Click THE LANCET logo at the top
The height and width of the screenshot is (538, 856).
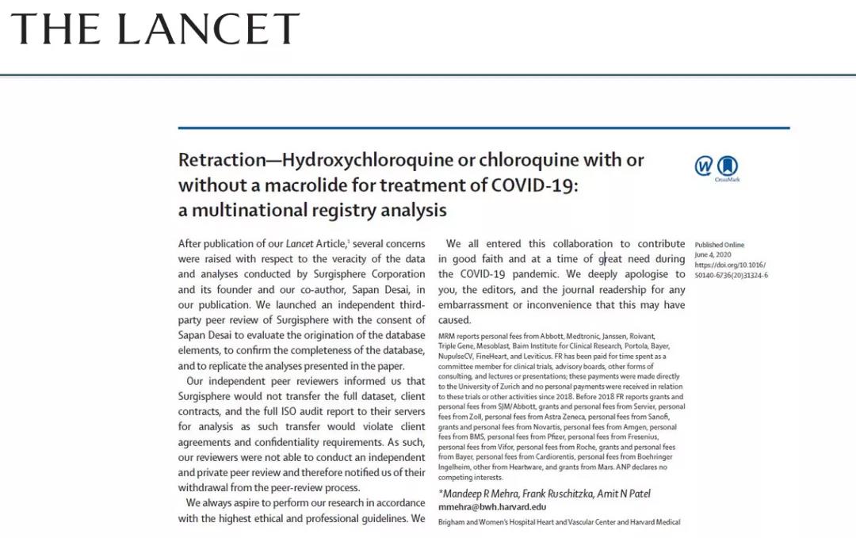[155, 29]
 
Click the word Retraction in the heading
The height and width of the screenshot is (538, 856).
[222, 160]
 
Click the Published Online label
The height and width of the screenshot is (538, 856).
[720, 245]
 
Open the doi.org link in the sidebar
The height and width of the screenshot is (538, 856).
[731, 265]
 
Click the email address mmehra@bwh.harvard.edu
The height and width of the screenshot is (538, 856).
[492, 507]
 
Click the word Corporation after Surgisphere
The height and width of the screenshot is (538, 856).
[394, 259]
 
